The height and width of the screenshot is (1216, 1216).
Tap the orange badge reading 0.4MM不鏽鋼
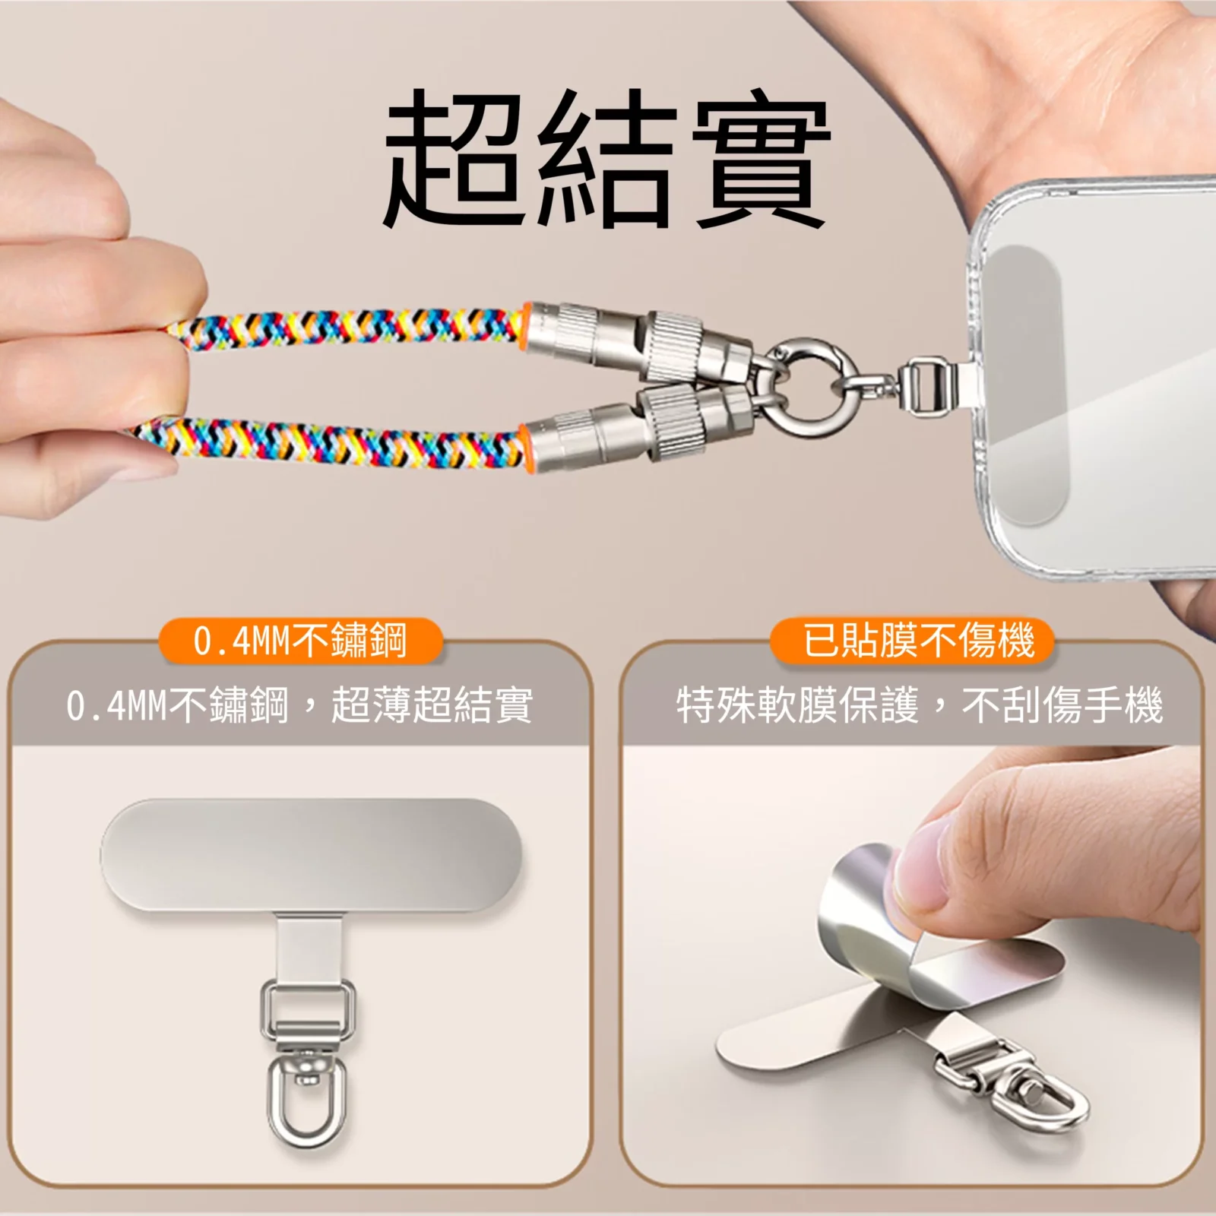coord(300,641)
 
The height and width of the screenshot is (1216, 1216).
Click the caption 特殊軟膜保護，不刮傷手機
coord(920,705)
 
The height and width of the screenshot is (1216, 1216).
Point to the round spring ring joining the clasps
coord(812,380)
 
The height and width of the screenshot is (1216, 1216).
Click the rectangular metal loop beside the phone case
coord(923,386)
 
